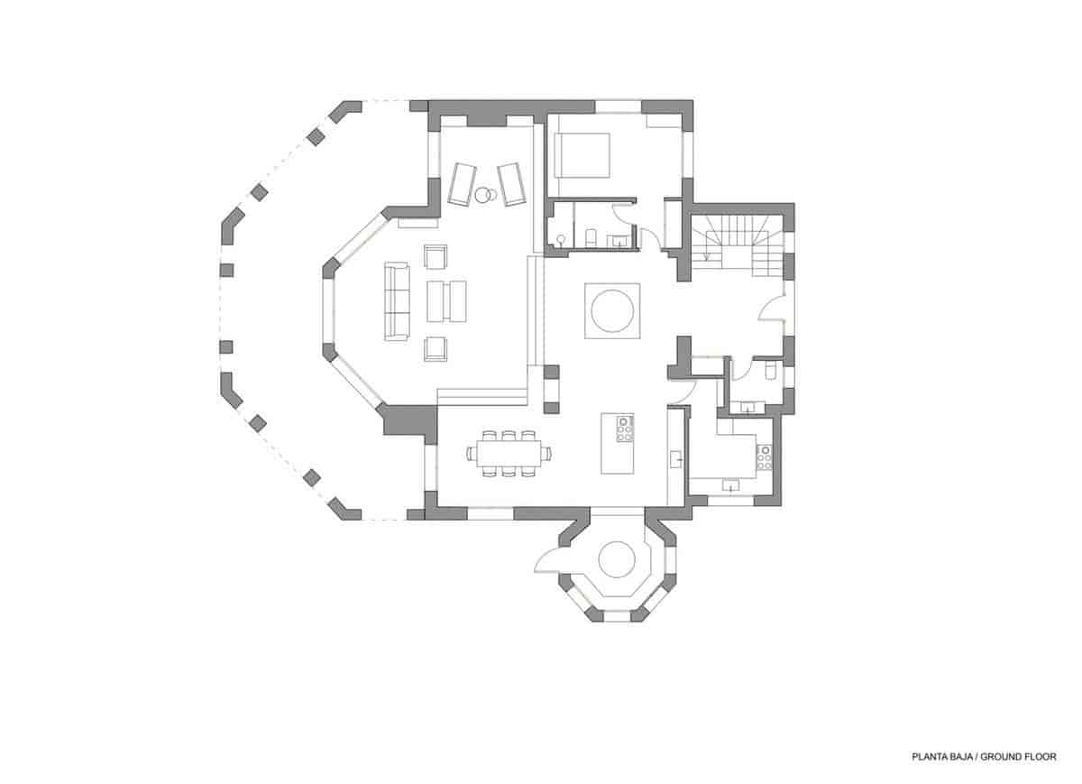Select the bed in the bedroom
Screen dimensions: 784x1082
pyautogui.click(x=582, y=154)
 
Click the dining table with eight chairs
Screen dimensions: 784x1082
pyautogui.click(x=509, y=452)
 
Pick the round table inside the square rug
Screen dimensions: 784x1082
pyautogui.click(x=613, y=310)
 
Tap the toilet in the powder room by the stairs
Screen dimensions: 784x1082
pyautogui.click(x=769, y=371)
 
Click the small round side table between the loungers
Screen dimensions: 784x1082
pyautogui.click(x=485, y=192)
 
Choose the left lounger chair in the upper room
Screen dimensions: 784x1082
pyautogui.click(x=461, y=183)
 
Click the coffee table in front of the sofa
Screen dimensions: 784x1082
pyautogui.click(x=446, y=300)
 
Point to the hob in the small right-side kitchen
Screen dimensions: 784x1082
pyautogui.click(x=765, y=457)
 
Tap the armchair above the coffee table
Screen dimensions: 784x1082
pyautogui.click(x=436, y=257)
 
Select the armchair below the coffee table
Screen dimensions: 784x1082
pyautogui.click(x=436, y=348)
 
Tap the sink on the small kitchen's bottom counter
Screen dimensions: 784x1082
pyautogui.click(x=729, y=485)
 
